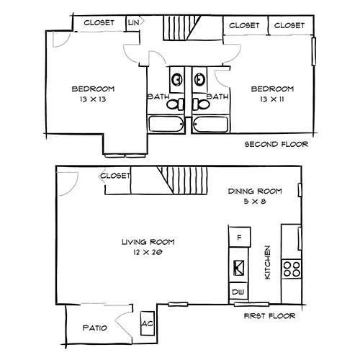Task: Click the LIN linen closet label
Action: pos(133,23)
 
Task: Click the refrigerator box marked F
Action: pos(238,237)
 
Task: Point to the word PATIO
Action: pos(95,328)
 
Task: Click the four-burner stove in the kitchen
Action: pos(292,269)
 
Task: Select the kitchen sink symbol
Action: pos(238,268)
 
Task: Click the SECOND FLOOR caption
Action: pos(276,144)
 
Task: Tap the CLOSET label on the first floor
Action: pos(115,176)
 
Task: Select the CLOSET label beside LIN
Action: pos(99,23)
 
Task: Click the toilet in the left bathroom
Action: pos(174,104)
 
